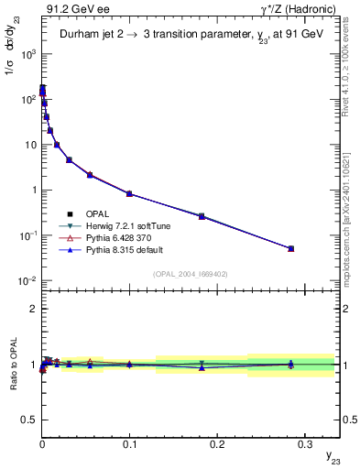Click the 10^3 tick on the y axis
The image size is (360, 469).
28,54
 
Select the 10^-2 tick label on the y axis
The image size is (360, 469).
27,280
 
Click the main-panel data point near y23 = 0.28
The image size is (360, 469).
290,248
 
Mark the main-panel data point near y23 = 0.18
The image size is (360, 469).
202,216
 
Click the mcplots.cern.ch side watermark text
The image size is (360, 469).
351,211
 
